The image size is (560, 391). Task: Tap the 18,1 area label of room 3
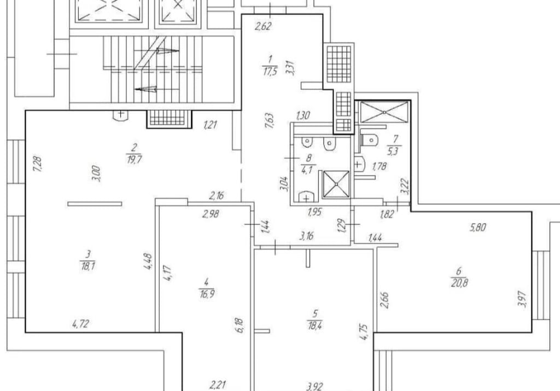pos(87,266)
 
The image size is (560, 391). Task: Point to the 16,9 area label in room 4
pos(207,294)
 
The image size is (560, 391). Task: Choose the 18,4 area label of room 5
pos(314,325)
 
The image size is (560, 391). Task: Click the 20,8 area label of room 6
pos(459,283)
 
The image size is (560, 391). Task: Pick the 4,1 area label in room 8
pos(307,170)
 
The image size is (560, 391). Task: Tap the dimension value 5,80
pos(478,227)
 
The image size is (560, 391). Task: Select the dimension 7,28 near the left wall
pos(38,164)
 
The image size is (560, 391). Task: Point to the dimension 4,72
pos(80,324)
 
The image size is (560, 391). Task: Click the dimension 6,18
pos(240,325)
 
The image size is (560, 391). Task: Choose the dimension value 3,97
pos(522,298)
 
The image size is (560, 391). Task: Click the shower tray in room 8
pos(336,184)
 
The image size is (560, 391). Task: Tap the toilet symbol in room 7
pos(368,140)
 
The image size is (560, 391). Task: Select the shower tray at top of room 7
pos(384,112)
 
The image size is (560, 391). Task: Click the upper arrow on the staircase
pos(167,51)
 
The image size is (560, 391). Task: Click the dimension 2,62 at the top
pos(263,26)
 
